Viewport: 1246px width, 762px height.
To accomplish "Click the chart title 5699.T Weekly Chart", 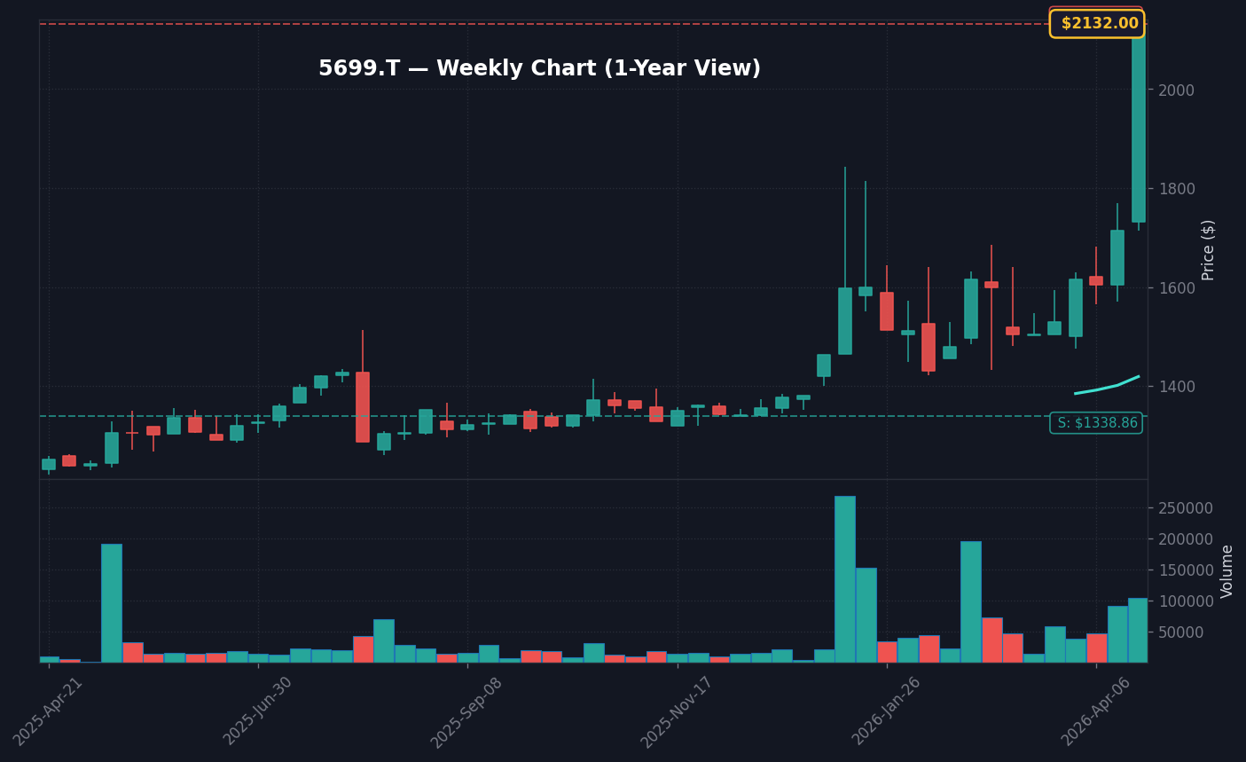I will click(x=539, y=69).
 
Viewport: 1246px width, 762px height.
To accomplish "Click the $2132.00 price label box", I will click(x=1097, y=24).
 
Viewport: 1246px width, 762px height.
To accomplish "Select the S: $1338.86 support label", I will click(x=1096, y=423).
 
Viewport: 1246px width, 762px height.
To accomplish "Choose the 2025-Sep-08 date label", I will click(x=467, y=711).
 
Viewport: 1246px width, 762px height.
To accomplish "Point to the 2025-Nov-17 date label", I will click(x=677, y=711).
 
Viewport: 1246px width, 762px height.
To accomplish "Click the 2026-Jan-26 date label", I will click(x=887, y=711).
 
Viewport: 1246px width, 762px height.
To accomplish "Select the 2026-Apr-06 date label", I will click(x=1096, y=711).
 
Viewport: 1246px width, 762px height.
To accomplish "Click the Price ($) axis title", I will click(x=1209, y=250).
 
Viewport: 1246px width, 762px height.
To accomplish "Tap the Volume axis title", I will click(x=1227, y=571).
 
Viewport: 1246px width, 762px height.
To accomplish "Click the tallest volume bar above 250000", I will click(x=845, y=578).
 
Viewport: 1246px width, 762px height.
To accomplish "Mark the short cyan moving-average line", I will click(x=1107, y=386).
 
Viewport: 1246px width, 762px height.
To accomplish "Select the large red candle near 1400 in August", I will click(x=363, y=407).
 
